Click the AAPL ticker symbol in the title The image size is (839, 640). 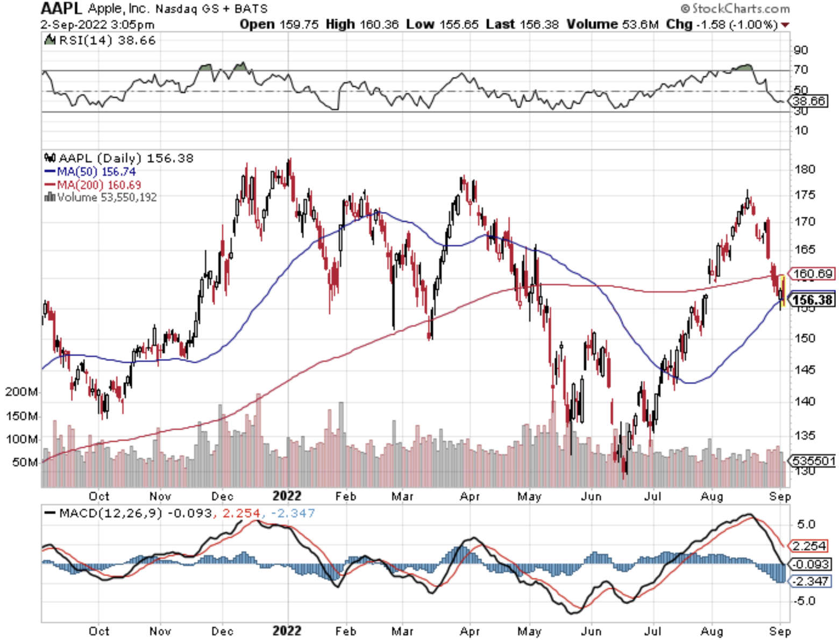[61, 9]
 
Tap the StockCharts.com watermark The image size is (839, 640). [735, 9]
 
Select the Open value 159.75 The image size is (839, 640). [298, 25]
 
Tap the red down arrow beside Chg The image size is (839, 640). [785, 25]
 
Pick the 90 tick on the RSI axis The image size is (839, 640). [801, 50]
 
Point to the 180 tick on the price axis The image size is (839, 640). [805, 169]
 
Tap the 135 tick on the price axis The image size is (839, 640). [805, 435]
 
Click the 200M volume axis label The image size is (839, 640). [22, 392]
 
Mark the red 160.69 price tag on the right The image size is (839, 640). [812, 274]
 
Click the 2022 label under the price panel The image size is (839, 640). [287, 496]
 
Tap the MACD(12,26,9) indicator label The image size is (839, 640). [110, 513]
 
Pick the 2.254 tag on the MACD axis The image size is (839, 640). [809, 546]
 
